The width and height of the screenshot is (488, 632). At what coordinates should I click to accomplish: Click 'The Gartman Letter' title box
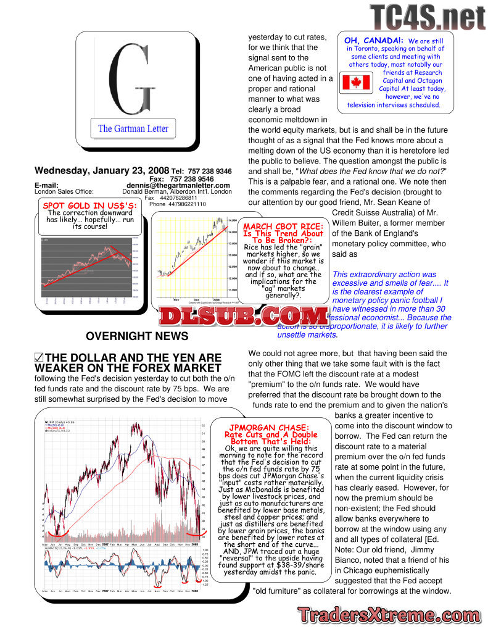133,129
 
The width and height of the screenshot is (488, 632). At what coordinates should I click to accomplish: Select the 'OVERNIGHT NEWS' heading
137,336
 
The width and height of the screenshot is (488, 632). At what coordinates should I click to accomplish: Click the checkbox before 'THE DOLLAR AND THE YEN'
39,357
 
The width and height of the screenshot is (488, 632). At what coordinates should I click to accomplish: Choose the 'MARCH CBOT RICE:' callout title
283,227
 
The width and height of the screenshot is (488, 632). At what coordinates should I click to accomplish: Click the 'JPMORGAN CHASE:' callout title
270,428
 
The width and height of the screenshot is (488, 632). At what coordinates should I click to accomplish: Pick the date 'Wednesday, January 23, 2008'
102,171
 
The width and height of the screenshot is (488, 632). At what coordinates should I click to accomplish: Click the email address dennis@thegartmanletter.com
178,185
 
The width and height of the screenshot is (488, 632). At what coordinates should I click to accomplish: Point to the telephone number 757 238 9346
211,172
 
